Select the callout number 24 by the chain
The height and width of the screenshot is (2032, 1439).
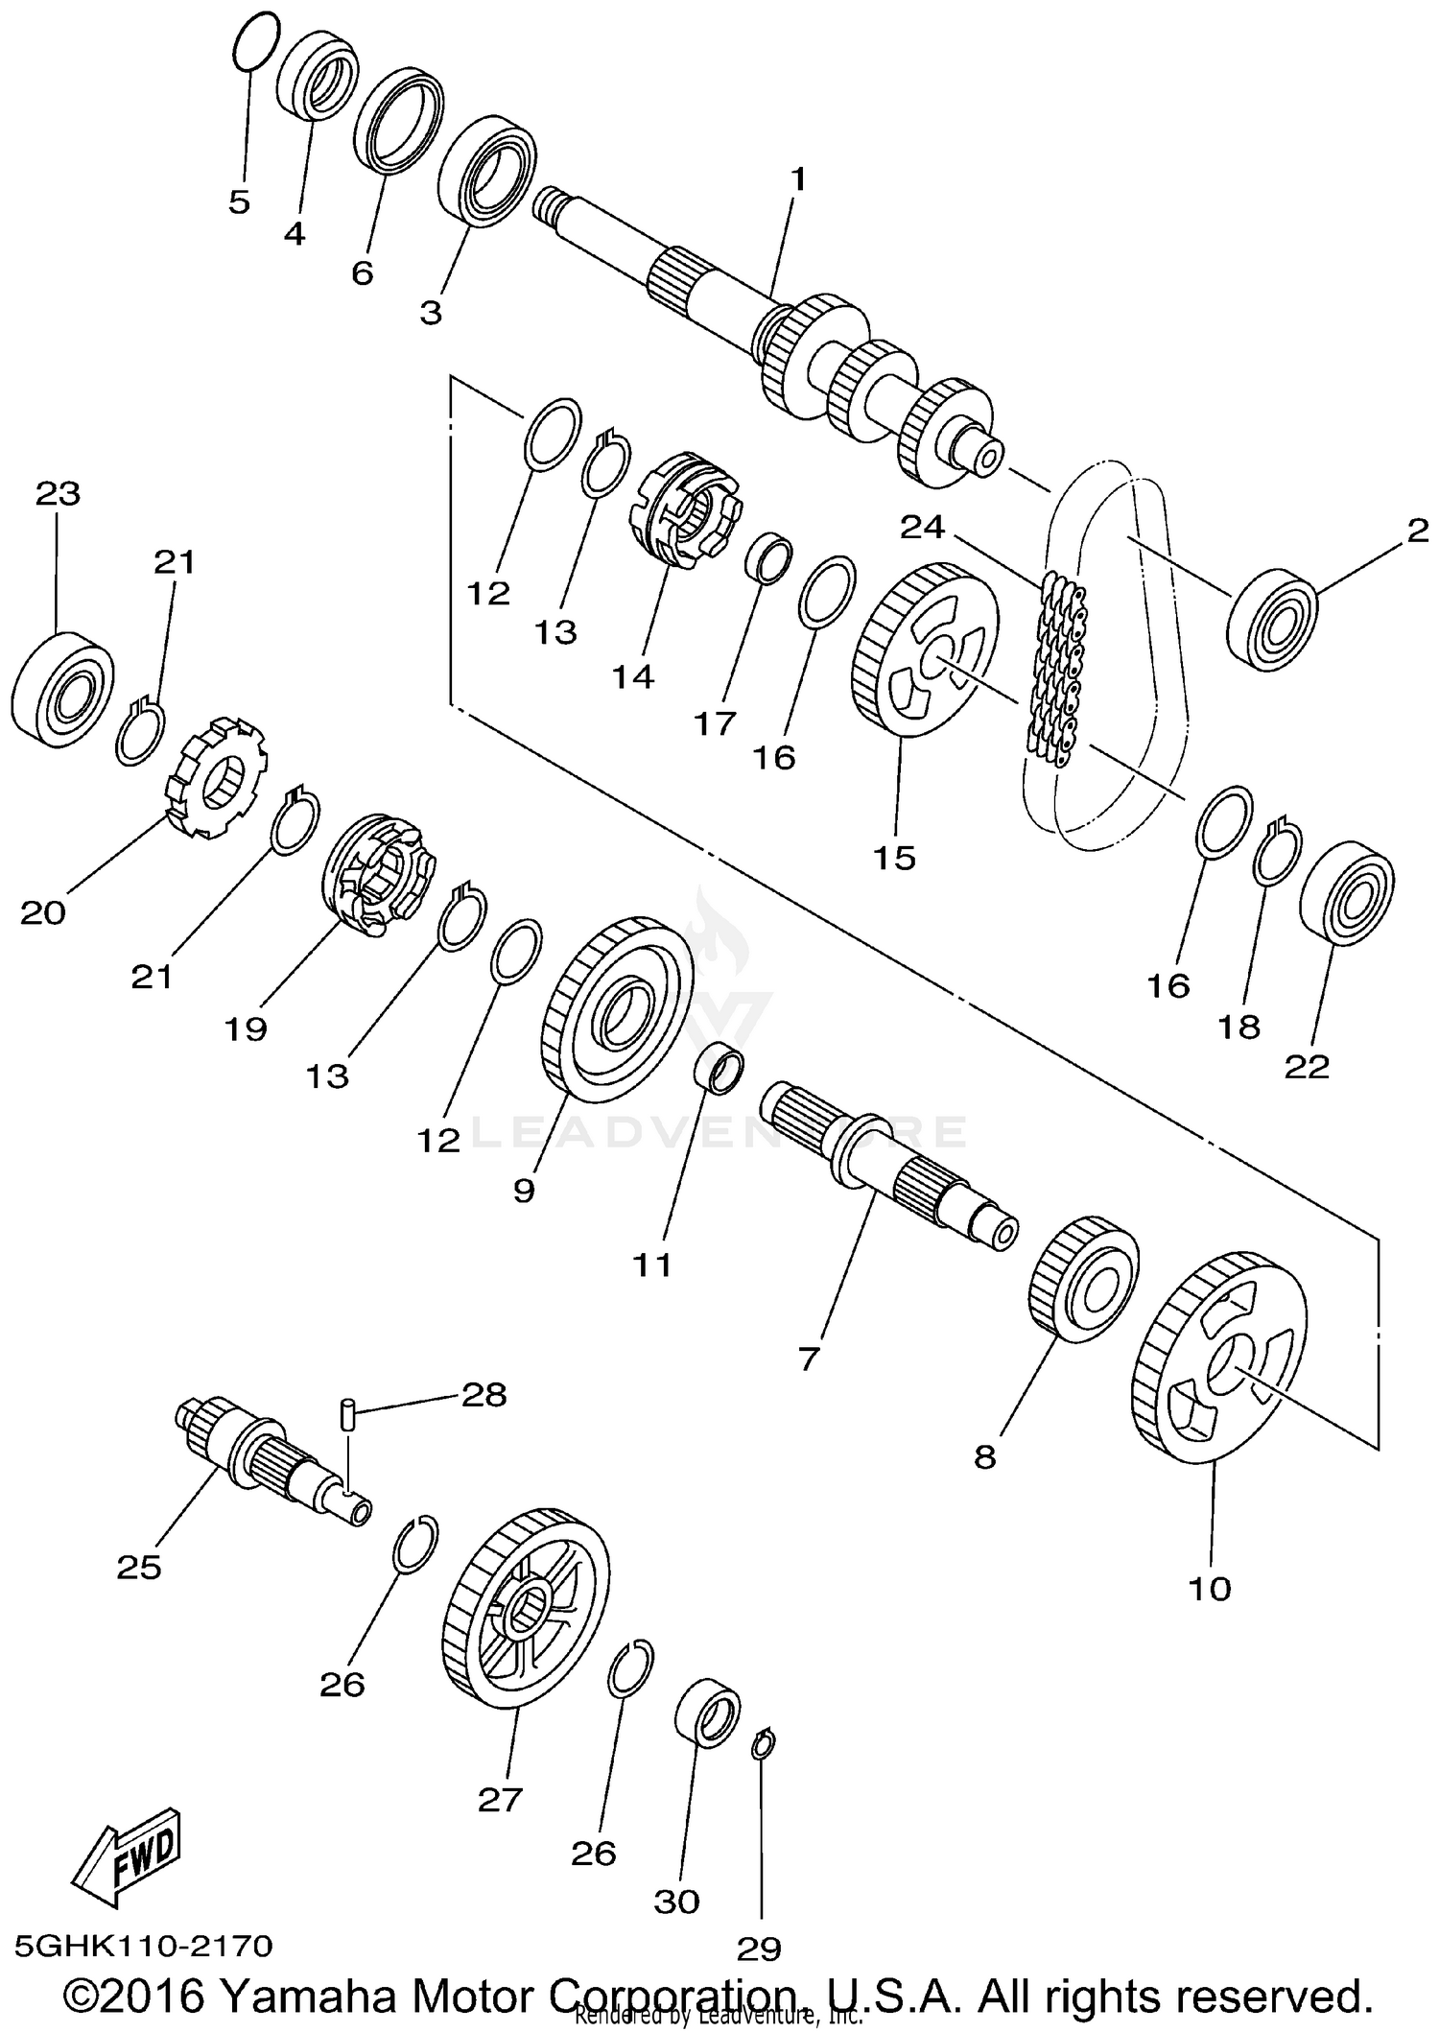point(922,527)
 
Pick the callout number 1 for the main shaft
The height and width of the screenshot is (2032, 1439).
point(798,179)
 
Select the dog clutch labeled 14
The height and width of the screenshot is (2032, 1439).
point(682,508)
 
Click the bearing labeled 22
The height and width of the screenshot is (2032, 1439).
point(1345,892)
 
